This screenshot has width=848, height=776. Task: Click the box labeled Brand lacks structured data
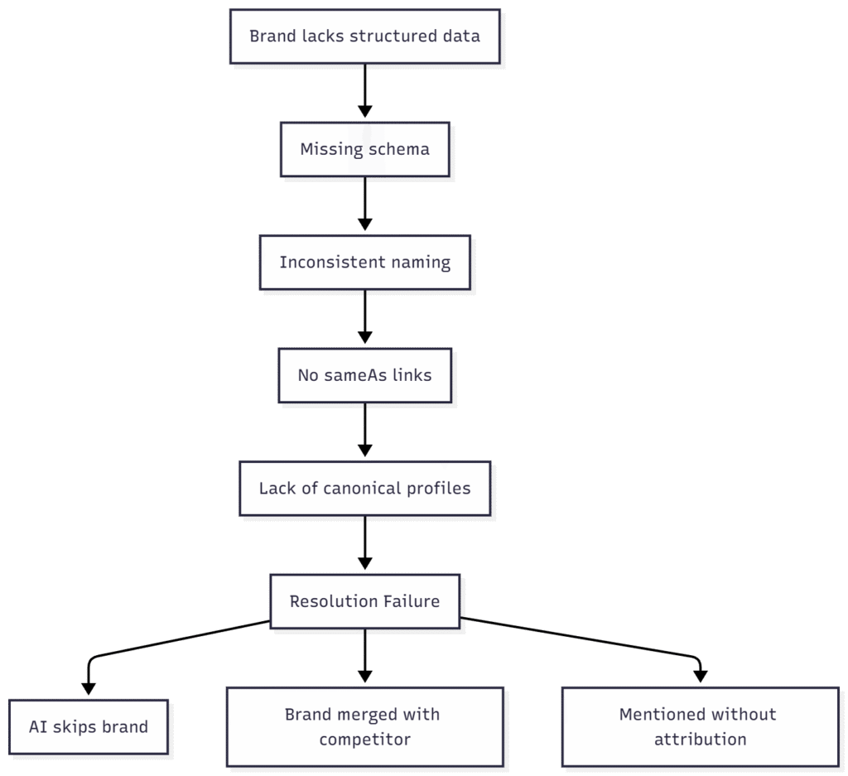click(x=364, y=36)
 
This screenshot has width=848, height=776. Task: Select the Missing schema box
click(x=364, y=150)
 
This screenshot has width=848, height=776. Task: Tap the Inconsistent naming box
click(x=364, y=263)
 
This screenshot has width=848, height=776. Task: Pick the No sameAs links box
click(x=364, y=375)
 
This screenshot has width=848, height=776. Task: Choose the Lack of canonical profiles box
click(x=364, y=489)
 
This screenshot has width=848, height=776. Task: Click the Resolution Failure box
click(x=364, y=601)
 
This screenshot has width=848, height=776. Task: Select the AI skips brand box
click(x=89, y=727)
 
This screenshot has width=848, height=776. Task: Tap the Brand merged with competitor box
click(x=364, y=726)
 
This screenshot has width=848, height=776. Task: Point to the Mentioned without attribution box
click(x=700, y=726)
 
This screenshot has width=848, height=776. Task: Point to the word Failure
click(x=409, y=601)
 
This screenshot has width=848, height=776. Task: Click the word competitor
click(x=364, y=740)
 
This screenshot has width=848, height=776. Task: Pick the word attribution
click(x=700, y=740)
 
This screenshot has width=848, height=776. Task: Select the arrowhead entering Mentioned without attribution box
click(x=700, y=677)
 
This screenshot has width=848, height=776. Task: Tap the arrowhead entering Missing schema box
click(x=364, y=114)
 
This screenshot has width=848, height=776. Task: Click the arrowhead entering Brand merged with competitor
click(x=364, y=677)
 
